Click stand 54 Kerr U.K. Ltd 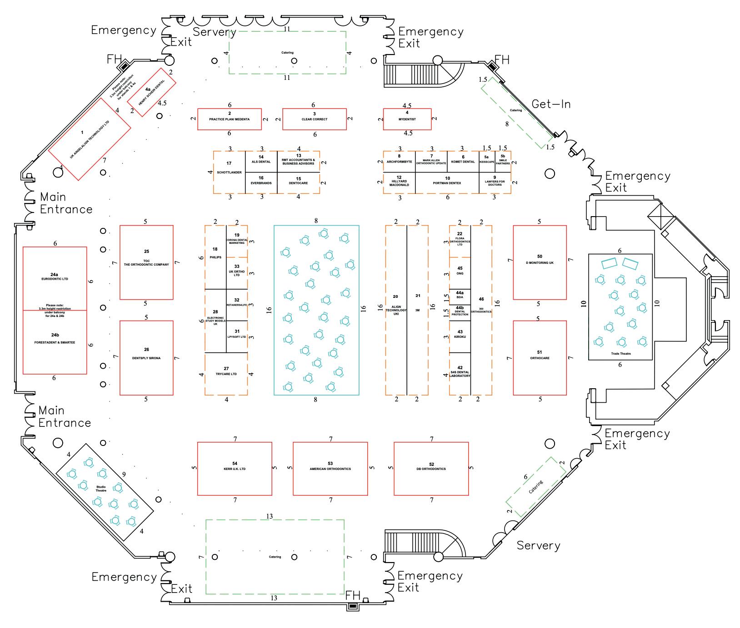point(235,469)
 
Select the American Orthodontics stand point(330,469)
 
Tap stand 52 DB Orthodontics point(431,469)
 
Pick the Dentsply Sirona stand point(146,357)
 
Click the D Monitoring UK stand point(540,262)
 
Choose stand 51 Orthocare point(540,357)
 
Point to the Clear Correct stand point(315,119)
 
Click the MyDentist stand point(407,119)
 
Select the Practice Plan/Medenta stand point(230,119)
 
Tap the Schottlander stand point(229,172)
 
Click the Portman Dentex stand point(447,183)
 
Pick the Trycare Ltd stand point(226,374)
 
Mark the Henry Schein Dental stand point(151,92)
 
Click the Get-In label point(551,104)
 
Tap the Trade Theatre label point(620,353)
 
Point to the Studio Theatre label point(101,489)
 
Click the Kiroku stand point(460,336)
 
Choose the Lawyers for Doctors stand point(495,183)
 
